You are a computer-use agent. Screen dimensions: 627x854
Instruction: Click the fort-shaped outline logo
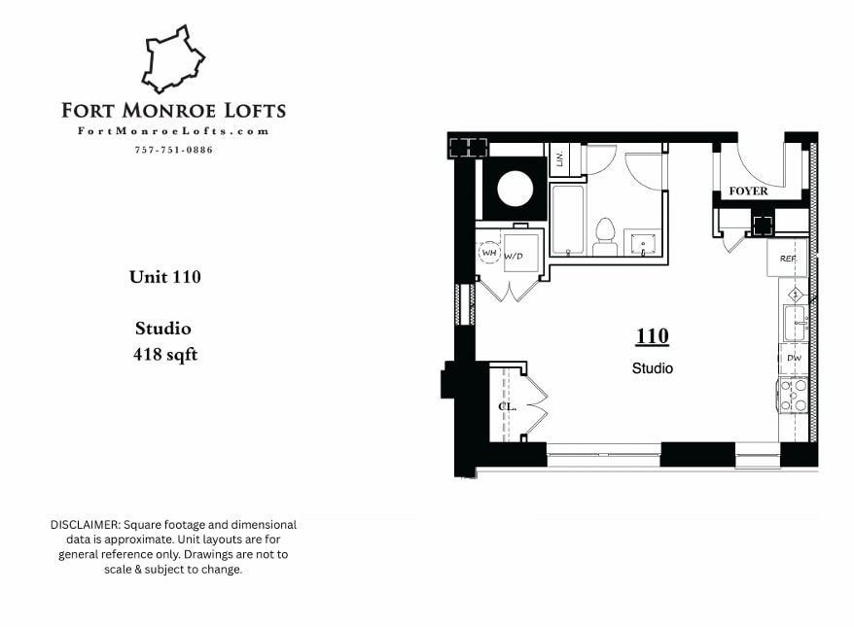pos(173,60)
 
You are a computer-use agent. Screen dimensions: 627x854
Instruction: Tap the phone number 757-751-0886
pos(173,150)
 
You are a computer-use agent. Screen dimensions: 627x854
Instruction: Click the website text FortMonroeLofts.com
pos(173,131)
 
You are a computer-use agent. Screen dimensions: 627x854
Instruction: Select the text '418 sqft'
pos(165,355)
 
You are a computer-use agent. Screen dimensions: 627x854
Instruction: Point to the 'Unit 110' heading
pos(165,277)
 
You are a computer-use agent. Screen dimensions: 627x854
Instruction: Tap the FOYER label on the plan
pos(748,192)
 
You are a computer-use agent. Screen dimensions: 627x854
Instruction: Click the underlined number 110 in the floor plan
pos(652,336)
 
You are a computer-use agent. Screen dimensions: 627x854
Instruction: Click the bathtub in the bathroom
pos(569,219)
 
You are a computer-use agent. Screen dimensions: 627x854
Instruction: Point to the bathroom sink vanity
pos(643,242)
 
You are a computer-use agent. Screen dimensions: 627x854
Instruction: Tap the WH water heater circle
pos(489,254)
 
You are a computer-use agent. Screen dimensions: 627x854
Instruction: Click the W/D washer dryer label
pos(514,257)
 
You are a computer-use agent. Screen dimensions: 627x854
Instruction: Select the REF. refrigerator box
pos(788,260)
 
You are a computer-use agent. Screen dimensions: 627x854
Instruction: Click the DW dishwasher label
pos(794,358)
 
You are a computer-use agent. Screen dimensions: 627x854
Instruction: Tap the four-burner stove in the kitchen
pos(794,393)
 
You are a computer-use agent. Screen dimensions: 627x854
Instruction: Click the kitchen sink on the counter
pos(794,322)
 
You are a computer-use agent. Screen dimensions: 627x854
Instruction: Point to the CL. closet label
pos(507,407)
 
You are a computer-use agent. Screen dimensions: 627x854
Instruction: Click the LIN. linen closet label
pos(559,158)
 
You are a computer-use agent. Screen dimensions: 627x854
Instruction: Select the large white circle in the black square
pos(515,188)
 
